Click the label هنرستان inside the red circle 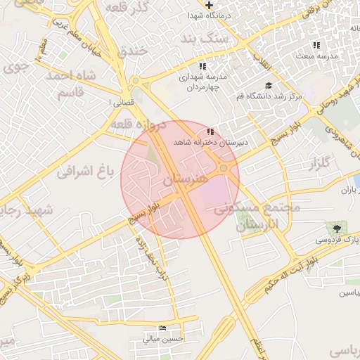(185, 180)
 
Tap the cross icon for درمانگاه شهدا (210, 5)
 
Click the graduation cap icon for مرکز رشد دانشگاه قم (269, 85)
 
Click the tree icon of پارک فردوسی (337, 229)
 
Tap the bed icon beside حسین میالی (163, 328)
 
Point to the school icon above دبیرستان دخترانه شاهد (210, 131)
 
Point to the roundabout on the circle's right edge (224, 168)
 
